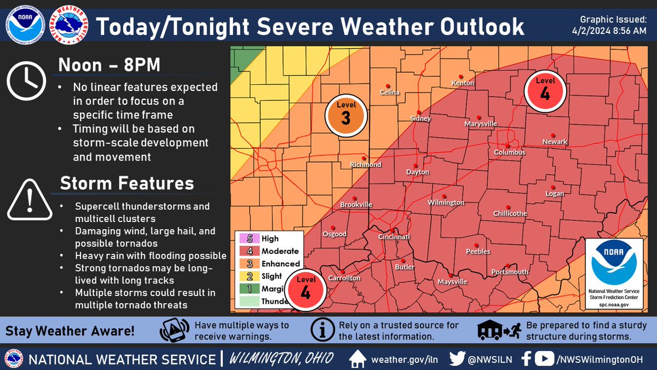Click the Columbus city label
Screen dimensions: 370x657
[510, 152]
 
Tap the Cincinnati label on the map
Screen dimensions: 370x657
[394, 237]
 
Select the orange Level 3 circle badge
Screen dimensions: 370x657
[345, 115]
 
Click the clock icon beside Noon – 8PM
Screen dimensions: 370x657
[26, 81]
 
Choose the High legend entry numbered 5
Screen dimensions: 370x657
[268, 239]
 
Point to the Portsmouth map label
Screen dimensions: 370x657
[510, 272]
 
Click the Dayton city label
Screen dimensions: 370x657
[417, 172]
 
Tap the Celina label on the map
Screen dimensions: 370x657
[390, 93]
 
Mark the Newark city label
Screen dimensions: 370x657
[555, 142]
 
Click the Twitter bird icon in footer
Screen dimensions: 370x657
[457, 359]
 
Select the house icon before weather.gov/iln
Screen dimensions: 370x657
[357, 359]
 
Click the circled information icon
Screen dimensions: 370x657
[321, 331]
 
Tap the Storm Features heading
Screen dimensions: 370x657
[126, 183]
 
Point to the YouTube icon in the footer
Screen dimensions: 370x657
[544, 359]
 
